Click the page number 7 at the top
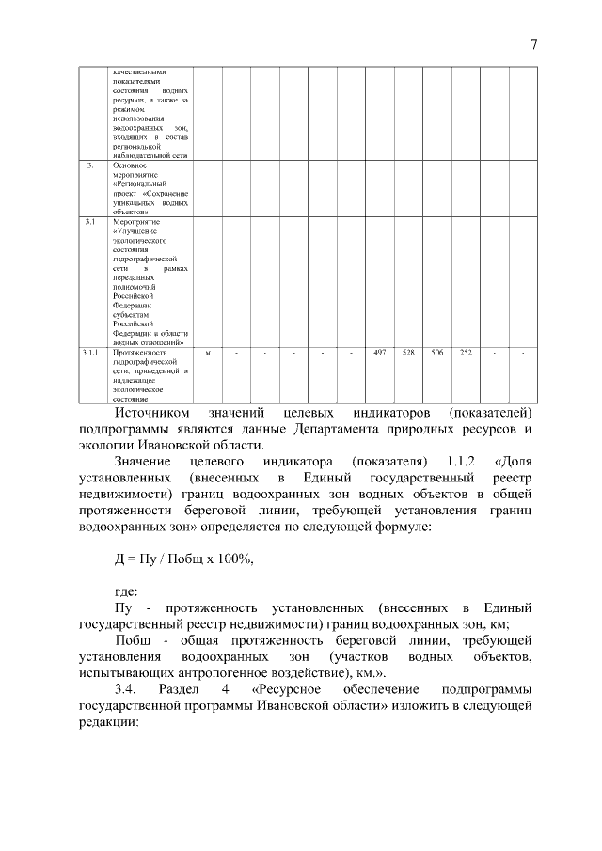[532, 45]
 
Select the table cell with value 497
[380, 353]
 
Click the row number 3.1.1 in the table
[90, 353]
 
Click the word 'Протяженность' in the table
[139, 353]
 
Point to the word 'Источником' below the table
[152, 413]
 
